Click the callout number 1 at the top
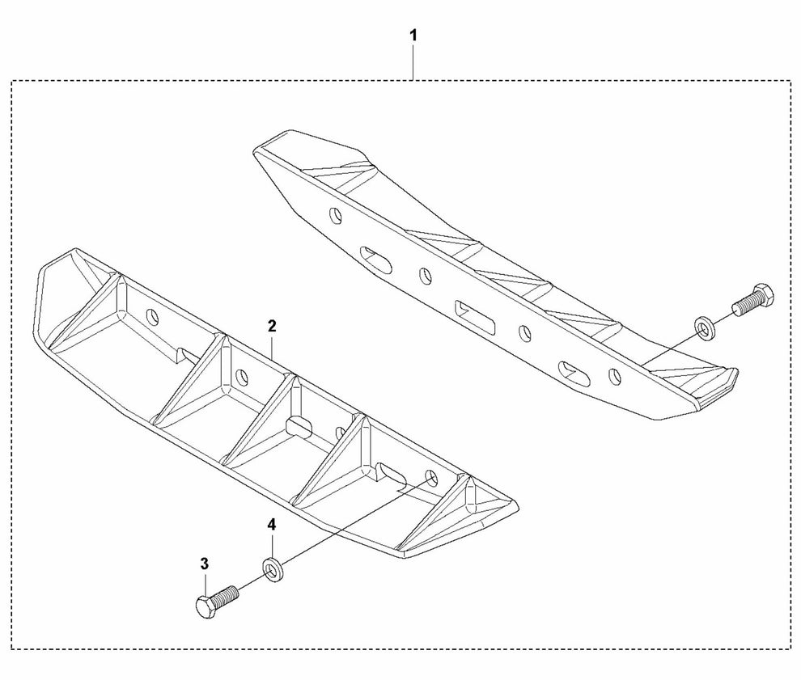(413, 36)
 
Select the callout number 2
(272, 326)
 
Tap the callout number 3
(205, 564)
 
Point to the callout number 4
(272, 524)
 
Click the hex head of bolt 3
(206, 606)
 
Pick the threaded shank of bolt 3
(225, 595)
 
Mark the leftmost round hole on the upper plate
(336, 216)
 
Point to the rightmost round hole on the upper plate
(615, 376)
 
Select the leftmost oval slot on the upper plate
(376, 259)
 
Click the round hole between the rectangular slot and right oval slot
(524, 333)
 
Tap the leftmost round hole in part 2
(152, 318)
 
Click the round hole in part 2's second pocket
(242, 378)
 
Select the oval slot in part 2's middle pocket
(298, 426)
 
